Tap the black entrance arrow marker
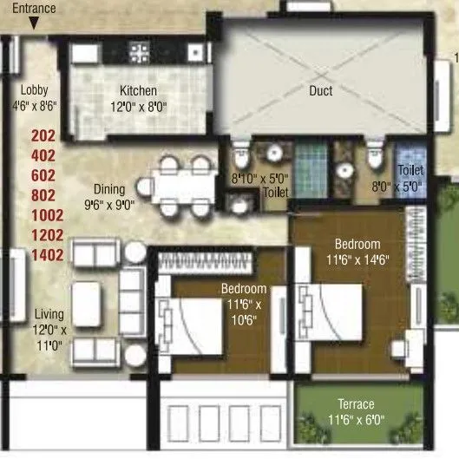pos(33,24)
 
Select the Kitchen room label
pos(139,90)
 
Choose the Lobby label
pos(35,89)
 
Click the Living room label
pos(49,314)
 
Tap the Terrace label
pos(357,405)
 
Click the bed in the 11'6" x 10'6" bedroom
pos(187,321)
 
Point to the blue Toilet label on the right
pos(410,172)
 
